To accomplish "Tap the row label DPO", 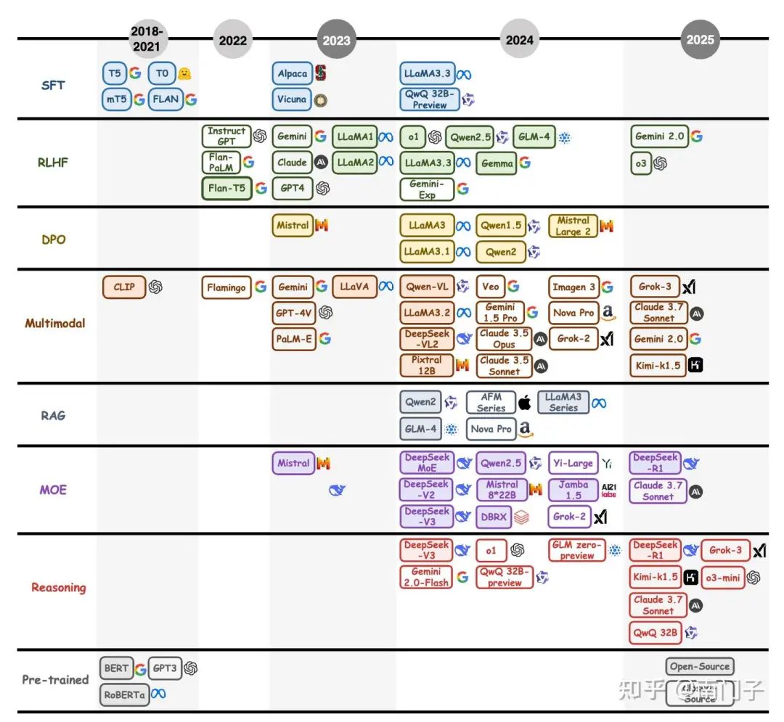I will [54, 239].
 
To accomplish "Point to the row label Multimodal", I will [55, 323].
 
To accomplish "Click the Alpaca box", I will [293, 73].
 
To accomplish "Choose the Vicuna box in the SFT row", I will [292, 99].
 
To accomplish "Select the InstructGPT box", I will [226, 136].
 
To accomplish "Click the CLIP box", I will [124, 287].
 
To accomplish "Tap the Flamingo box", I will [226, 287].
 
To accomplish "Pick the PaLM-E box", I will [294, 339].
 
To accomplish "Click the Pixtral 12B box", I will [426, 365].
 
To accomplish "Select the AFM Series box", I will [491, 403].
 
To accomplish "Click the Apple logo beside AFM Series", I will [524, 403].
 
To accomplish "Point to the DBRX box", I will [494, 517].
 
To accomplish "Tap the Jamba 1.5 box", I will [573, 490].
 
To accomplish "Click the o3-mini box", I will [722, 577].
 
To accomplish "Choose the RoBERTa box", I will [124, 694].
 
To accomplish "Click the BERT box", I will [116, 668].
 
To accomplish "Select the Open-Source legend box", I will [700, 667].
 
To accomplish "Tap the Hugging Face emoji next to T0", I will [184, 73].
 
